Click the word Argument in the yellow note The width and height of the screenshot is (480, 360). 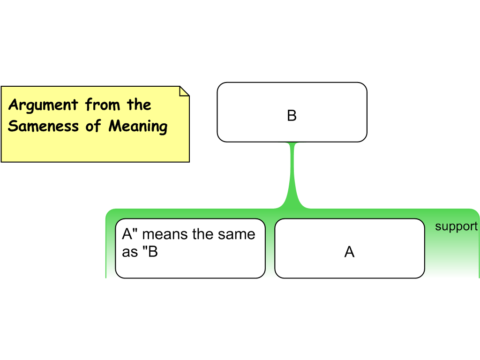point(43,105)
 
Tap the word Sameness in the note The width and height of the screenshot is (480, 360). point(43,126)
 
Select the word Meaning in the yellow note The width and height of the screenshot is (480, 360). point(138,127)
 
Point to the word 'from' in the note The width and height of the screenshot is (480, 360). point(103,105)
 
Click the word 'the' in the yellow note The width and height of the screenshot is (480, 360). point(139,105)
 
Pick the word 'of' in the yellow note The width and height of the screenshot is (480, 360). point(93,126)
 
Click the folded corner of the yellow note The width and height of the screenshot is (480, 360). point(184,91)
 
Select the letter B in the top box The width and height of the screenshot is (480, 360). point(292,116)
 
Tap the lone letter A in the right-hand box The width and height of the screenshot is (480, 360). point(349,252)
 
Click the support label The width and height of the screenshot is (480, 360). point(456,227)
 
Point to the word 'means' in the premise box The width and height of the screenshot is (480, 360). point(165,234)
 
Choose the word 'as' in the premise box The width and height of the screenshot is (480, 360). point(130,252)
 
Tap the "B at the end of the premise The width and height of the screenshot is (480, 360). point(150,252)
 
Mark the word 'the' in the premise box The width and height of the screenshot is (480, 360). point(202,234)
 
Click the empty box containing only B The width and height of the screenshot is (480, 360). point(292,112)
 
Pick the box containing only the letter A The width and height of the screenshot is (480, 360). point(350,248)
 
